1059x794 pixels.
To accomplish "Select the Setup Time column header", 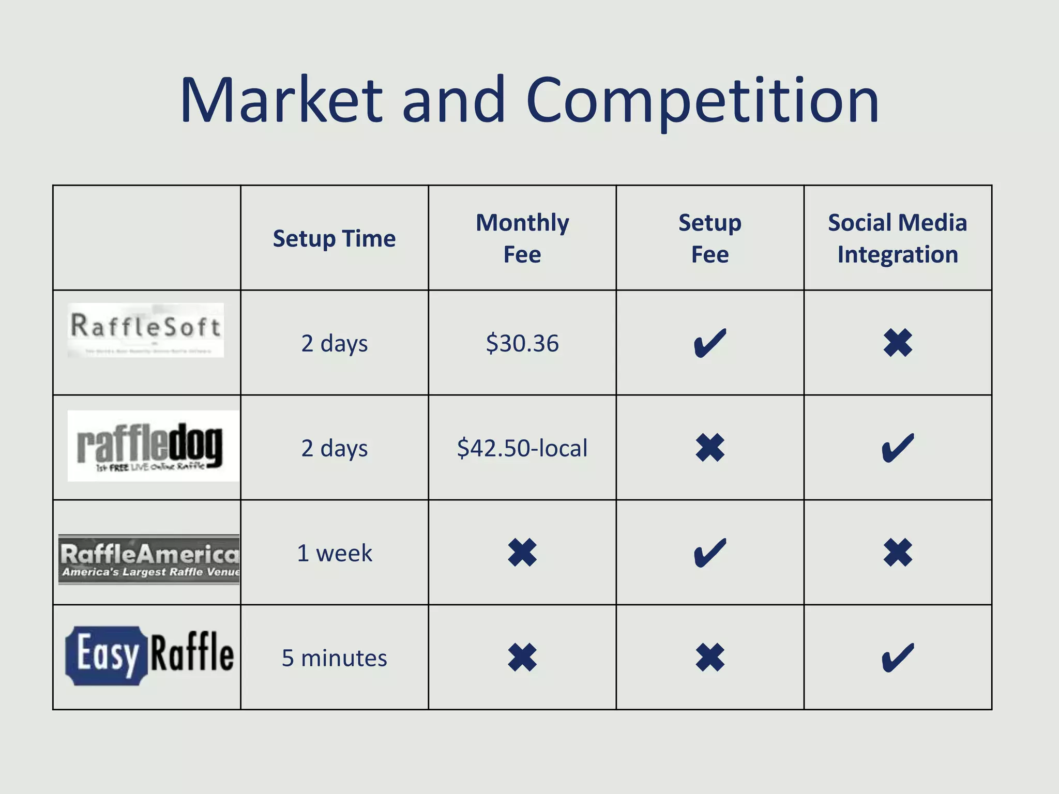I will [334, 239].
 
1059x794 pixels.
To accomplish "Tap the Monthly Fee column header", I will [522, 238].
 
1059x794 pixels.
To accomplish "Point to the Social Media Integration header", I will [897, 238].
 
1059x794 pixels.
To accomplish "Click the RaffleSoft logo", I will [146, 330].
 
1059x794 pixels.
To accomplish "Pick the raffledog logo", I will [153, 446].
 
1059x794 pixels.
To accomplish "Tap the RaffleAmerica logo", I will [149, 559].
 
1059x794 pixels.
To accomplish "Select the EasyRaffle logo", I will [149, 655].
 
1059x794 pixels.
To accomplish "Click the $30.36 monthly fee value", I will [522, 343].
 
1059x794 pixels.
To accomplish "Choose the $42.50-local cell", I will [522, 448].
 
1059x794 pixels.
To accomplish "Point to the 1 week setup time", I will [334, 553].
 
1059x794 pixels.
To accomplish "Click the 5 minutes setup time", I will [334, 658].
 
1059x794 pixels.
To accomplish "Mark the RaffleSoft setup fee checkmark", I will [710, 343].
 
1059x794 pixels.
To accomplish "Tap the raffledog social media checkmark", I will [898, 448].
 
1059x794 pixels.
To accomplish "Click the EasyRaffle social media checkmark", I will [898, 658].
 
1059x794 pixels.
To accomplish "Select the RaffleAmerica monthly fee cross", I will [522, 553].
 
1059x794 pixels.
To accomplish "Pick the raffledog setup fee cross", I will [710, 448].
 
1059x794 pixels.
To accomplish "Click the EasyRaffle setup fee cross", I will [710, 658].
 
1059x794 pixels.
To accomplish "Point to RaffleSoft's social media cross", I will [898, 343].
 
